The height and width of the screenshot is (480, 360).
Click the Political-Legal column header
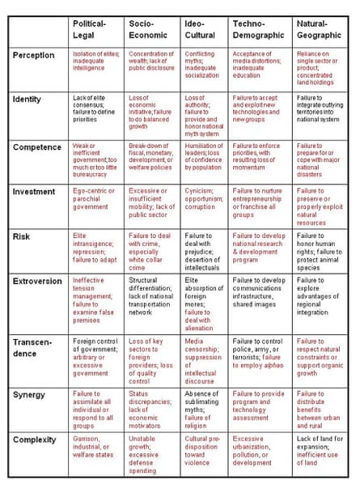tap(90, 29)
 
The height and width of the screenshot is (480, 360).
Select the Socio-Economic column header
tap(146, 29)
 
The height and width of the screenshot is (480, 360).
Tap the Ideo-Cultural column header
tap(199, 29)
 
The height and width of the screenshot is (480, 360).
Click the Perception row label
tap(34, 56)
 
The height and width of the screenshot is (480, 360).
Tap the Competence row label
tap(37, 147)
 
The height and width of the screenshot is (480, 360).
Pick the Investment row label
tap(34, 191)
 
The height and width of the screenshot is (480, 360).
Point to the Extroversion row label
tap(38, 280)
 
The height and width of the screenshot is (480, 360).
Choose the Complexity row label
tap(36, 440)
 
